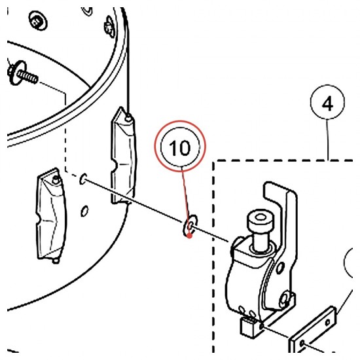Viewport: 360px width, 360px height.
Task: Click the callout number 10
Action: coord(179,148)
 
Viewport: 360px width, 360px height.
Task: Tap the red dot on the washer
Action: coord(189,236)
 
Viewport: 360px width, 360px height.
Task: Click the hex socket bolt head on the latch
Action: coord(261,220)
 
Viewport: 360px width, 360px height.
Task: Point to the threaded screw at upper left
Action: coord(22,74)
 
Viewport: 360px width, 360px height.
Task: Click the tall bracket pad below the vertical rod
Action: coord(124,156)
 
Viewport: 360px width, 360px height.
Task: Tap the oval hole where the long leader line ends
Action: coord(83,179)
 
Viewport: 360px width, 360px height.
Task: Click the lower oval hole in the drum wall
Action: coord(84,211)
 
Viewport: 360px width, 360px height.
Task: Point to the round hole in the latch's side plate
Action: coord(280,268)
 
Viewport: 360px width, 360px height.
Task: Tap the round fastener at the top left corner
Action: coord(37,21)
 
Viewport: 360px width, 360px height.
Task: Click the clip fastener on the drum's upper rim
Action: coord(110,27)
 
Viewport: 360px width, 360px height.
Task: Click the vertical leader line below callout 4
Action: coord(328,139)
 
